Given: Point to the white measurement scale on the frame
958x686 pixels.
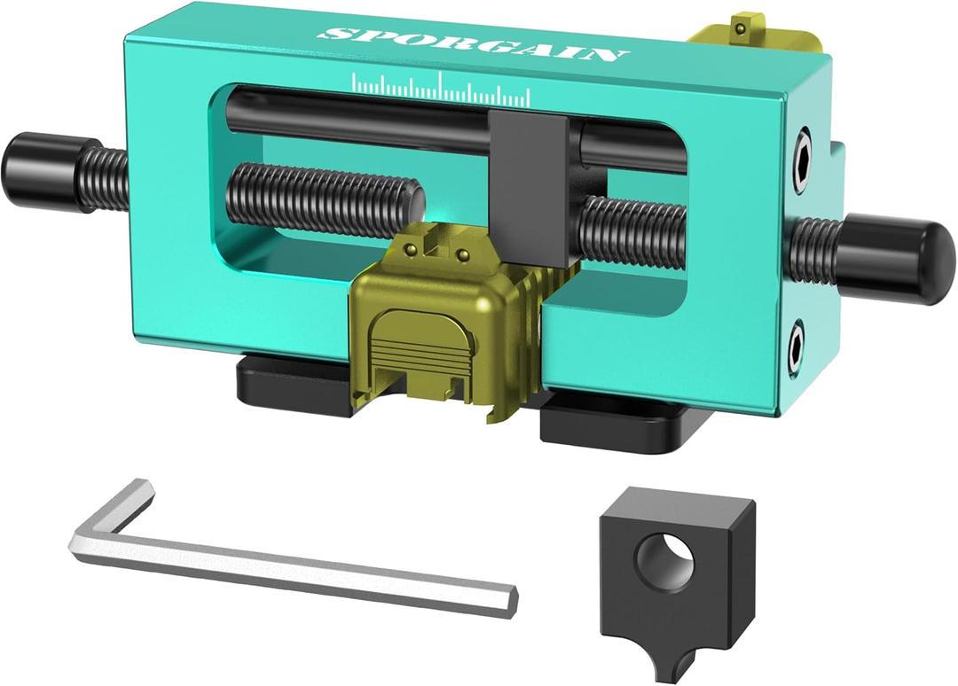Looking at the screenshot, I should (x=441, y=88).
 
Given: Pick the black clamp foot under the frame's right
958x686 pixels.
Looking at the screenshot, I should (x=612, y=421).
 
